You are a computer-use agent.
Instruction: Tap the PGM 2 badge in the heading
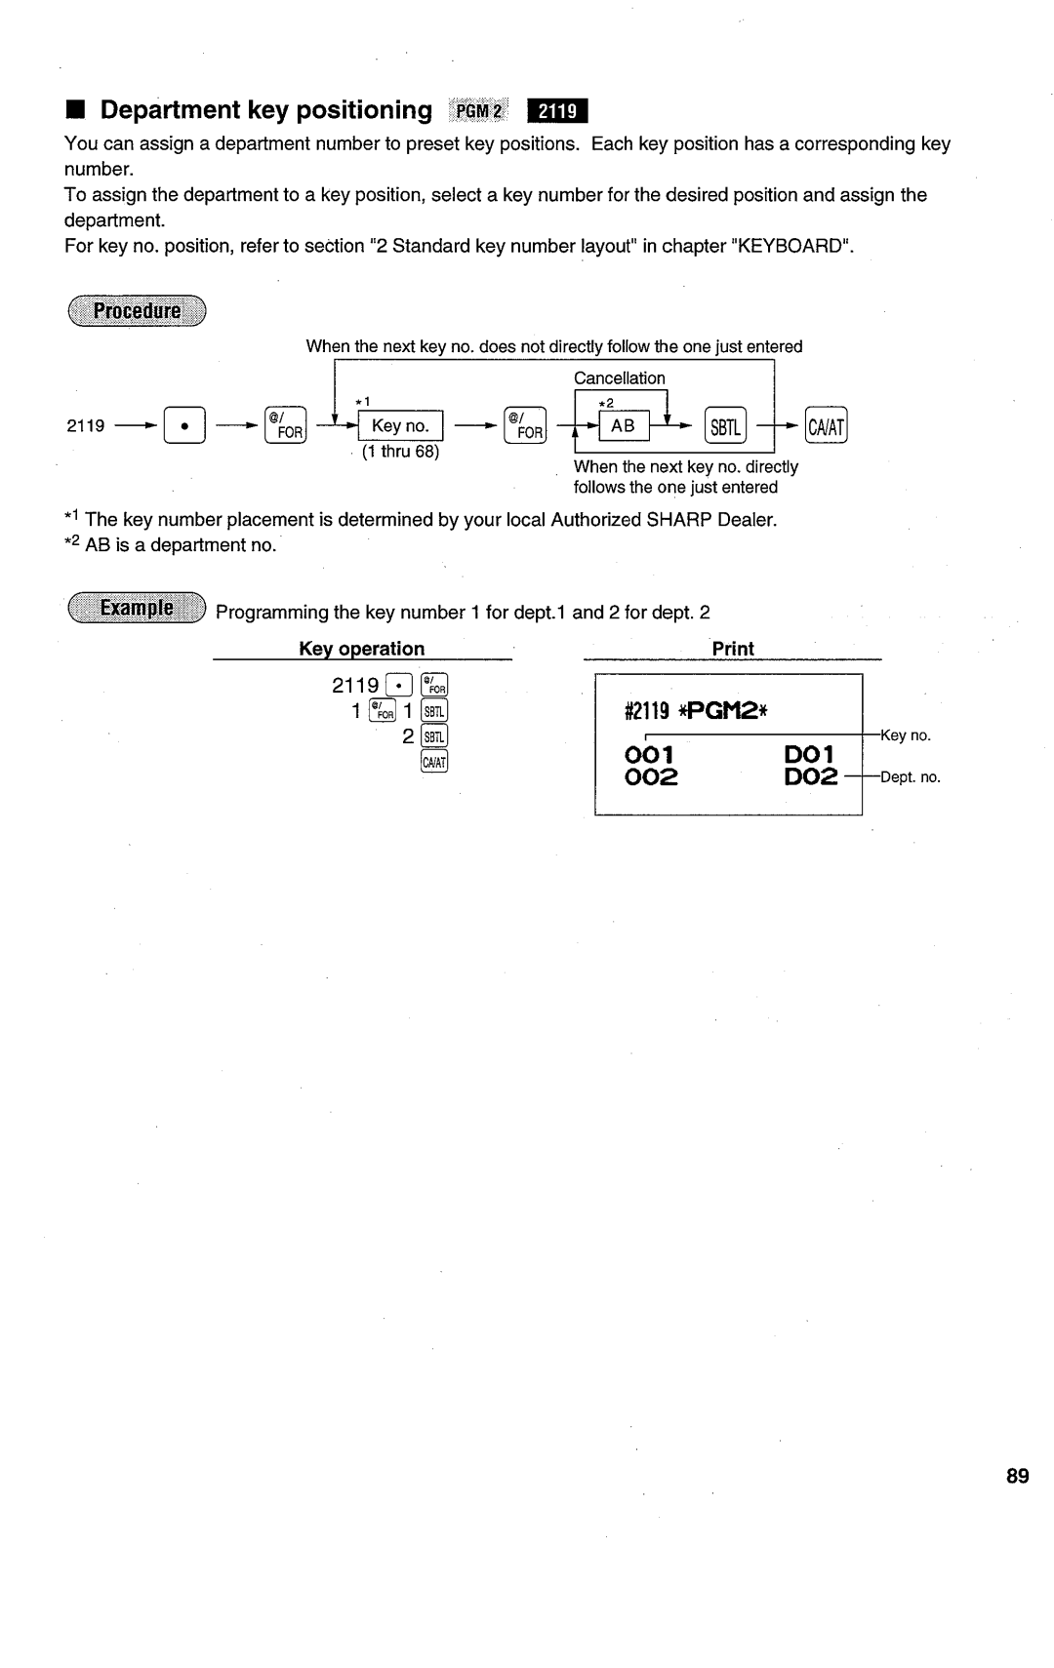pyautogui.click(x=478, y=111)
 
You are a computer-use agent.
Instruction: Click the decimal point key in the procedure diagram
pyautogui.click(x=183, y=426)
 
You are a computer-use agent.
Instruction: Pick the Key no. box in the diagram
pyautogui.click(x=401, y=426)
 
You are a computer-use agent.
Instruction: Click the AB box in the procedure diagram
pyautogui.click(x=623, y=426)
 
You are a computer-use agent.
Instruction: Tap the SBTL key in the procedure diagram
pyautogui.click(x=725, y=426)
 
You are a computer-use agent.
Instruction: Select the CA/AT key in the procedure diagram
pyautogui.click(x=828, y=426)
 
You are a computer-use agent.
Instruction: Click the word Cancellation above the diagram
pyautogui.click(x=619, y=377)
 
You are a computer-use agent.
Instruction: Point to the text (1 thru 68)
pyautogui.click(x=400, y=453)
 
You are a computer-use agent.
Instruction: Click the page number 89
pyautogui.click(x=1017, y=1477)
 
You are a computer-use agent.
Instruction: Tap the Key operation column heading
pyautogui.click(x=361, y=649)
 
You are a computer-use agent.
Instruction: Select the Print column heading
pyautogui.click(x=733, y=649)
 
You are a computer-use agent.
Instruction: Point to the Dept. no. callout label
pyautogui.click(x=911, y=777)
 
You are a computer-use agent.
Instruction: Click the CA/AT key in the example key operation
pyautogui.click(x=435, y=762)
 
